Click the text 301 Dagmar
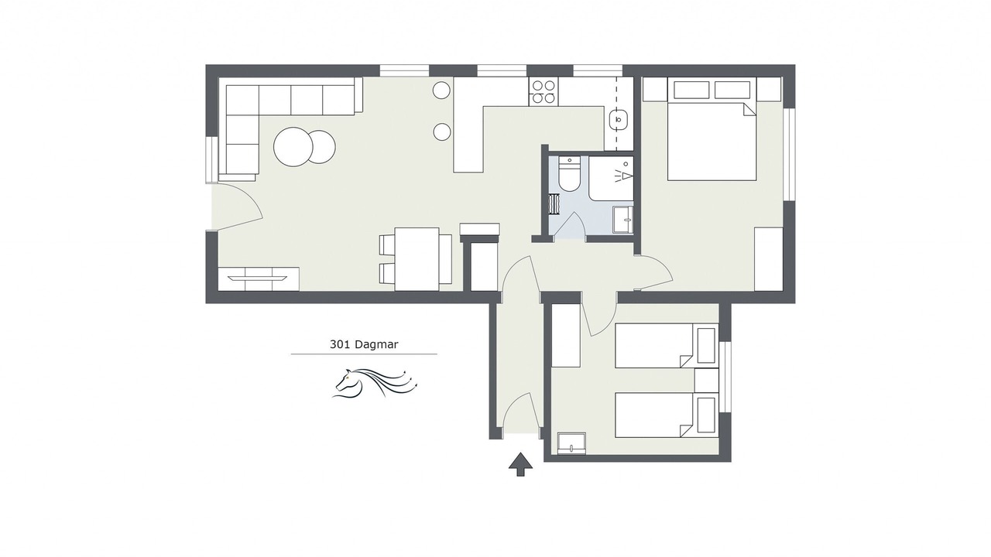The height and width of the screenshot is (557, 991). [x=364, y=344]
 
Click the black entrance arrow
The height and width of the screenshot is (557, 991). [x=520, y=464]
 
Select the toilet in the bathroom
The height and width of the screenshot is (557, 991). [x=569, y=174]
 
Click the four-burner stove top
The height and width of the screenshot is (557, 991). [x=544, y=91]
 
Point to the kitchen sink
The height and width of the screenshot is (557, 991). [x=618, y=119]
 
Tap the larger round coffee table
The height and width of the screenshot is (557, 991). [x=293, y=147]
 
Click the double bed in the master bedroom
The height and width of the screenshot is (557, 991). [x=712, y=142]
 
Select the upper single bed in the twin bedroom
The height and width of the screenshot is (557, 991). [x=667, y=345]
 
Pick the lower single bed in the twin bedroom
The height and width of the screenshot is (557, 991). [x=667, y=415]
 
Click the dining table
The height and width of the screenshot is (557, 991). [x=417, y=259]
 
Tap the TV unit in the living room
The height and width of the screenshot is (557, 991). [x=259, y=279]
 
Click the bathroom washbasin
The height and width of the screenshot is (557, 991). [x=623, y=219]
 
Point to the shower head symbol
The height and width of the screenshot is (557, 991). [x=624, y=172]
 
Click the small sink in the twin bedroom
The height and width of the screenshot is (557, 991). [x=571, y=443]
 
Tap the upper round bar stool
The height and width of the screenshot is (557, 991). [x=441, y=91]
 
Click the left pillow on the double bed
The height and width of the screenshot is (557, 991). [x=691, y=90]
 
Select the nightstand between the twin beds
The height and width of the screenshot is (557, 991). [x=706, y=380]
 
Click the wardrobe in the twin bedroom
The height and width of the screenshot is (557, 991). [x=566, y=336]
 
